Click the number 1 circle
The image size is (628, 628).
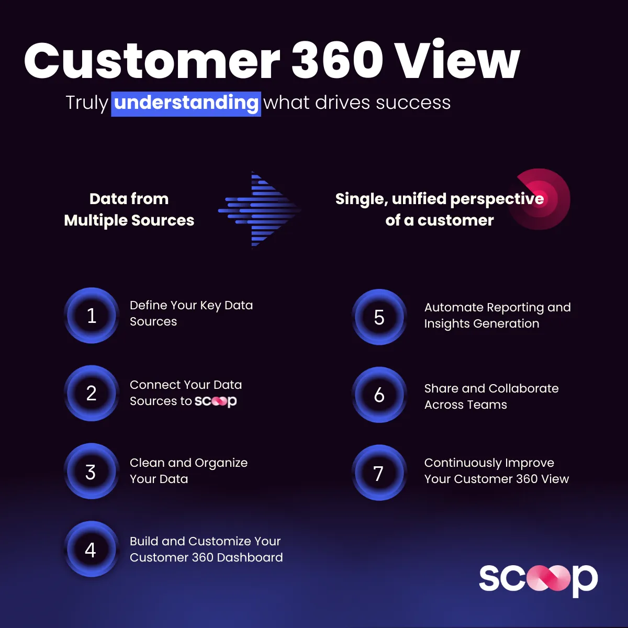92,316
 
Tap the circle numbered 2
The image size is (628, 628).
92,393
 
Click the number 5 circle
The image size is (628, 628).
379,317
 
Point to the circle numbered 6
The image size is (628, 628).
379,395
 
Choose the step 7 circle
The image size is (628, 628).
379,473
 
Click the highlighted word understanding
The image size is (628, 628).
186,103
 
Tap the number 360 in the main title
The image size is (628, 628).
337,60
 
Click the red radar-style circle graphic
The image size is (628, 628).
539,199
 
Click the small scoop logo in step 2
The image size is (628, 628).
216,401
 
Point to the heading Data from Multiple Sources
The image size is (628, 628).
129,209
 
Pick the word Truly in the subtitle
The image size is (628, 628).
87,103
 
